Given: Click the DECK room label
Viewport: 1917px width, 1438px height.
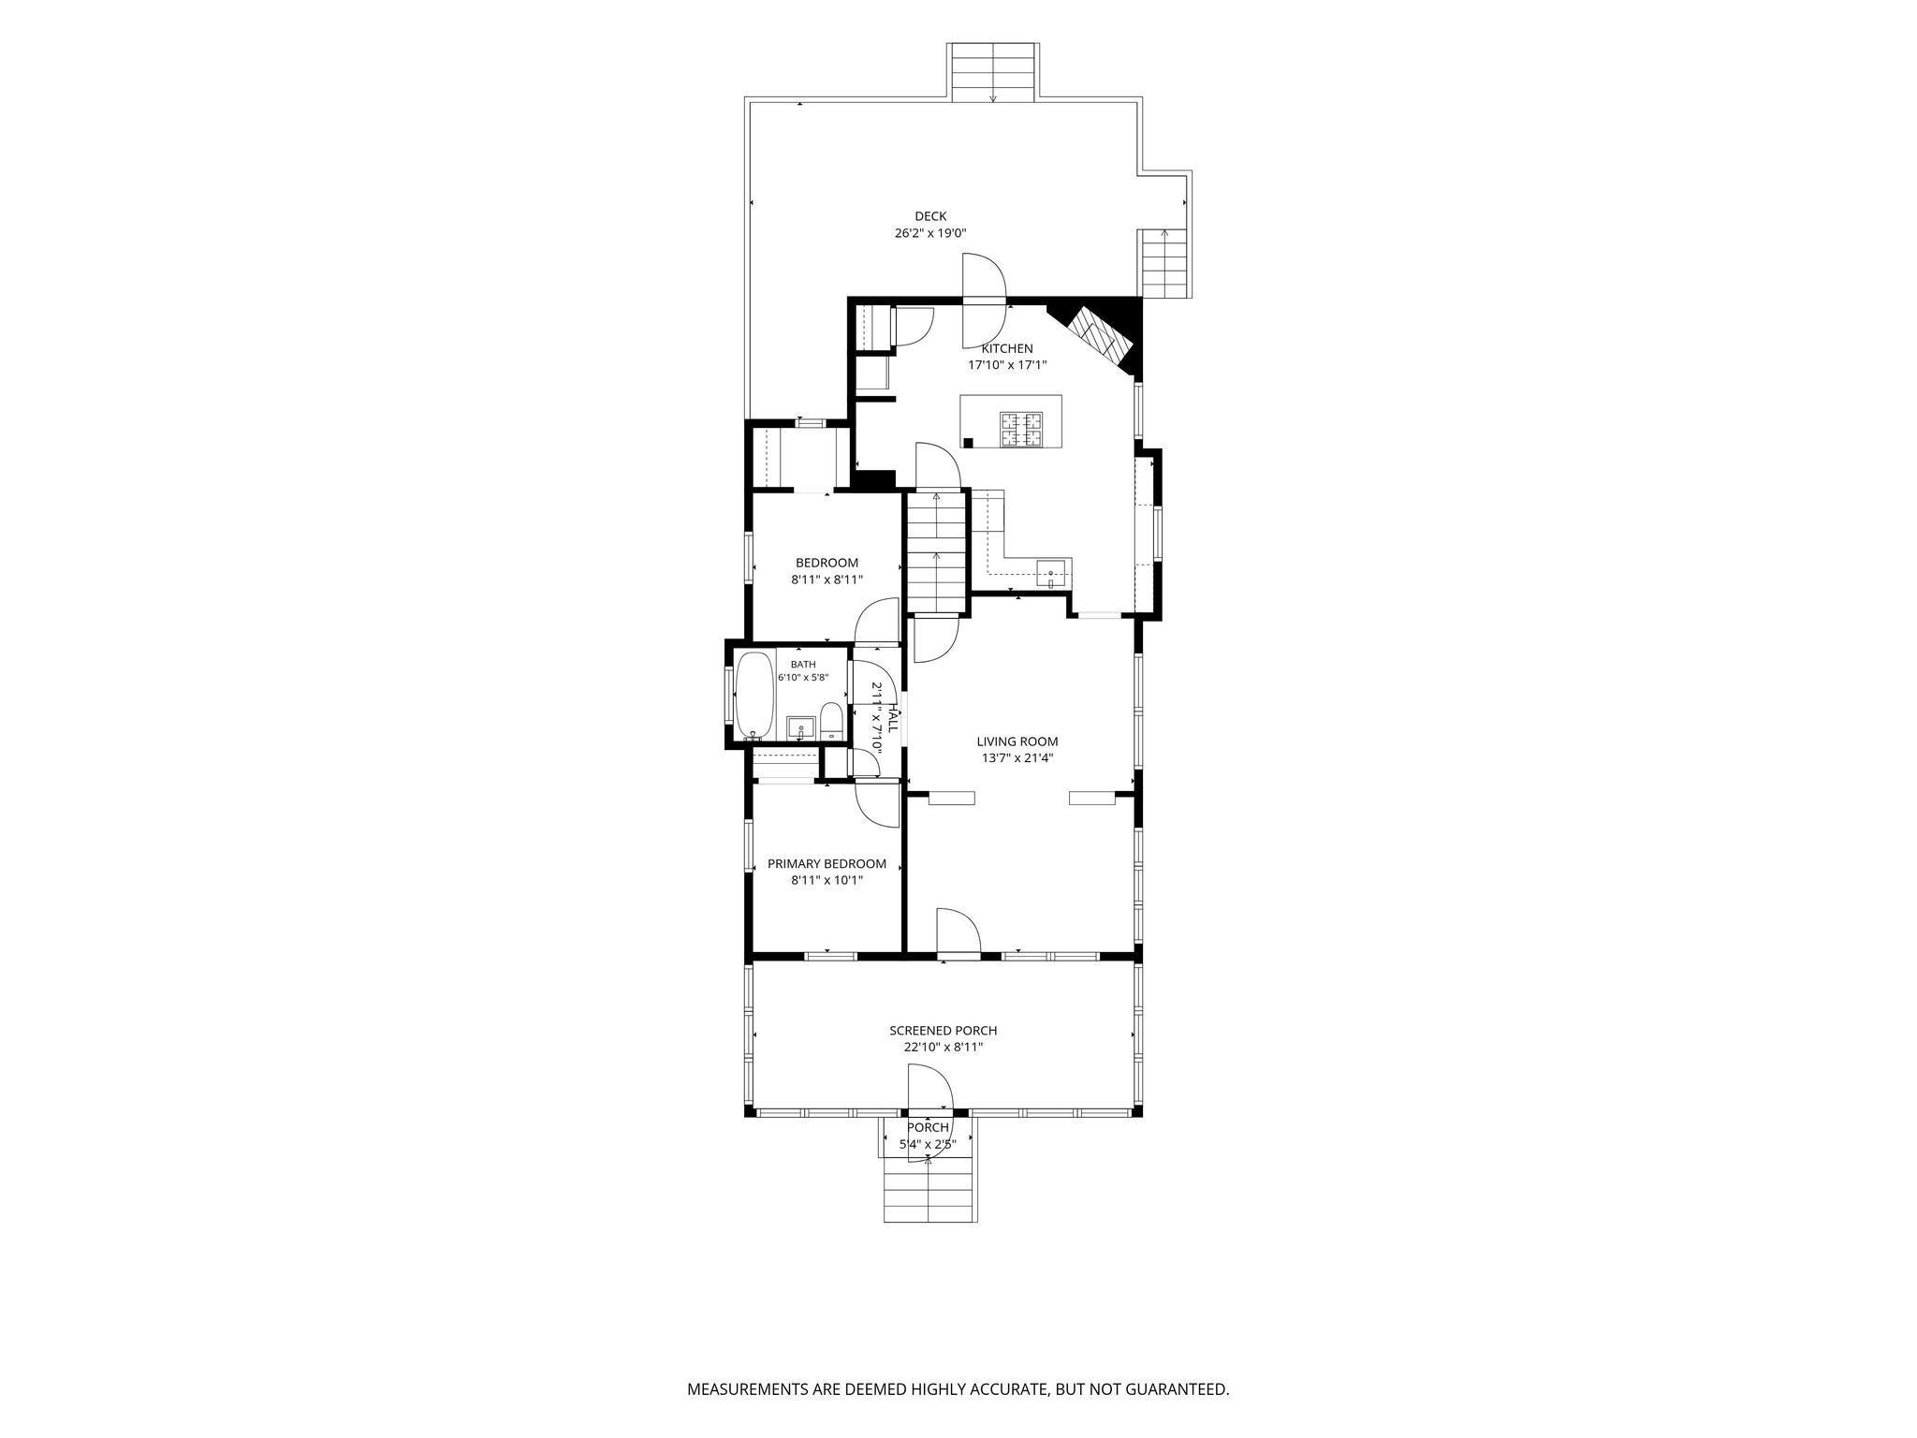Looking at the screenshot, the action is (930, 216).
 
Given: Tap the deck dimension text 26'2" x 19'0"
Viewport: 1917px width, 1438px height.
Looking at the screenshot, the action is (929, 233).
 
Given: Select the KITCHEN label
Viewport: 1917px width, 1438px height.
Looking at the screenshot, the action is (1007, 348).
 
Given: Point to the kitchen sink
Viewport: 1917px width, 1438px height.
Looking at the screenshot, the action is (1054, 573).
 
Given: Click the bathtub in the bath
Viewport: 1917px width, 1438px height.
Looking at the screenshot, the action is (754, 696).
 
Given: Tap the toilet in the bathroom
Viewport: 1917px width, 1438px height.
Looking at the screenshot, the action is (831, 722).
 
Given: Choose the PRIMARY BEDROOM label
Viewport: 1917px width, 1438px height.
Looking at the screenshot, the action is (827, 863).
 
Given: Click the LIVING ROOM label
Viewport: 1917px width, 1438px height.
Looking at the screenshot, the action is (1017, 741).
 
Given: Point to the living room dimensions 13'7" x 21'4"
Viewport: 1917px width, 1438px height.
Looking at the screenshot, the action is (1017, 758).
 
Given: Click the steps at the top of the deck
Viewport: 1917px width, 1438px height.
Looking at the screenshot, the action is (993, 71).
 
